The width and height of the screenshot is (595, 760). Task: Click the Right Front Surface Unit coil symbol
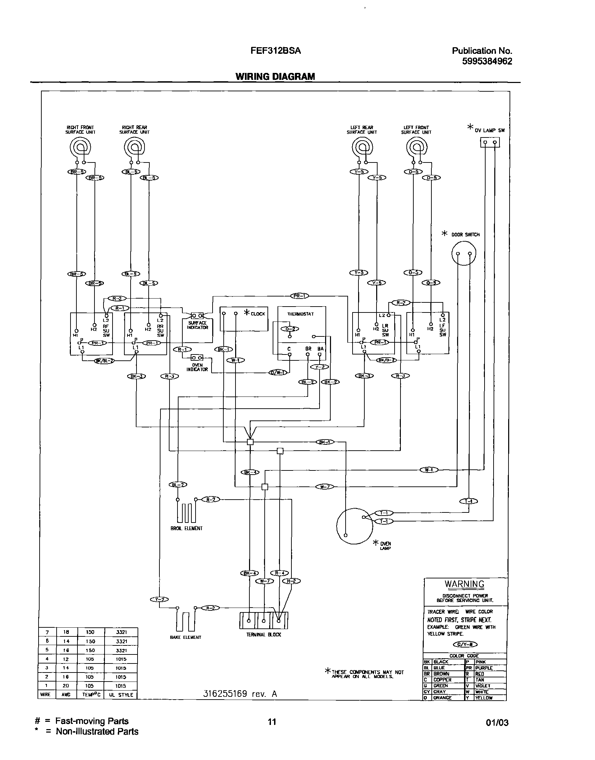81,148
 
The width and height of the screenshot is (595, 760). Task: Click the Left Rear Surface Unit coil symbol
362,148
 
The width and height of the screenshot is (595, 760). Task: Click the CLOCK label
258,314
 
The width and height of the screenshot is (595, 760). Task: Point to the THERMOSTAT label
300,314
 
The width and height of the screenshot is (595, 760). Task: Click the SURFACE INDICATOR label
197,325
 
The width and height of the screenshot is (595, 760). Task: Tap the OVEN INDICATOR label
197,367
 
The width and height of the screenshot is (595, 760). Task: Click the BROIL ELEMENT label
187,528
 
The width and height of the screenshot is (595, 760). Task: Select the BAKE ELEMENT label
185,637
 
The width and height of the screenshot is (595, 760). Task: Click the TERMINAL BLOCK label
264,635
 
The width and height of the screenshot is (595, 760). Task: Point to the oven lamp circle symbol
354,526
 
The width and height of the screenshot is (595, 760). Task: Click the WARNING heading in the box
464,584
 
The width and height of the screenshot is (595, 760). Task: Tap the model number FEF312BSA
275,51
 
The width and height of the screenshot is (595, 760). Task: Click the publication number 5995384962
487,61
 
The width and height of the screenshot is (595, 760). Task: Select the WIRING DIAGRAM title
275,77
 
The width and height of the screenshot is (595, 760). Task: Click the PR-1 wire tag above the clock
299,296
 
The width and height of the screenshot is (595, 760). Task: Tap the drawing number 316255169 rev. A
240,694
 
